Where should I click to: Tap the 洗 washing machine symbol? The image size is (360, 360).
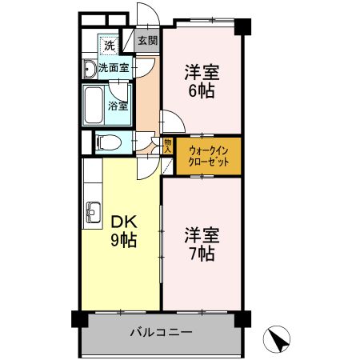108,44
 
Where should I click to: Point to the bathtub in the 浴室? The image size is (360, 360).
94,104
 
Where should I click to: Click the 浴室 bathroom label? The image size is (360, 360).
118,104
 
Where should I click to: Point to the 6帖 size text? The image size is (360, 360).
201,90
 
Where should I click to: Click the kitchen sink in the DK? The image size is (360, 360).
92,214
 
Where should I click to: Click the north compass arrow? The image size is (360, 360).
278,339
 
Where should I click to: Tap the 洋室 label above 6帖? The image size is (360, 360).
201,72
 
